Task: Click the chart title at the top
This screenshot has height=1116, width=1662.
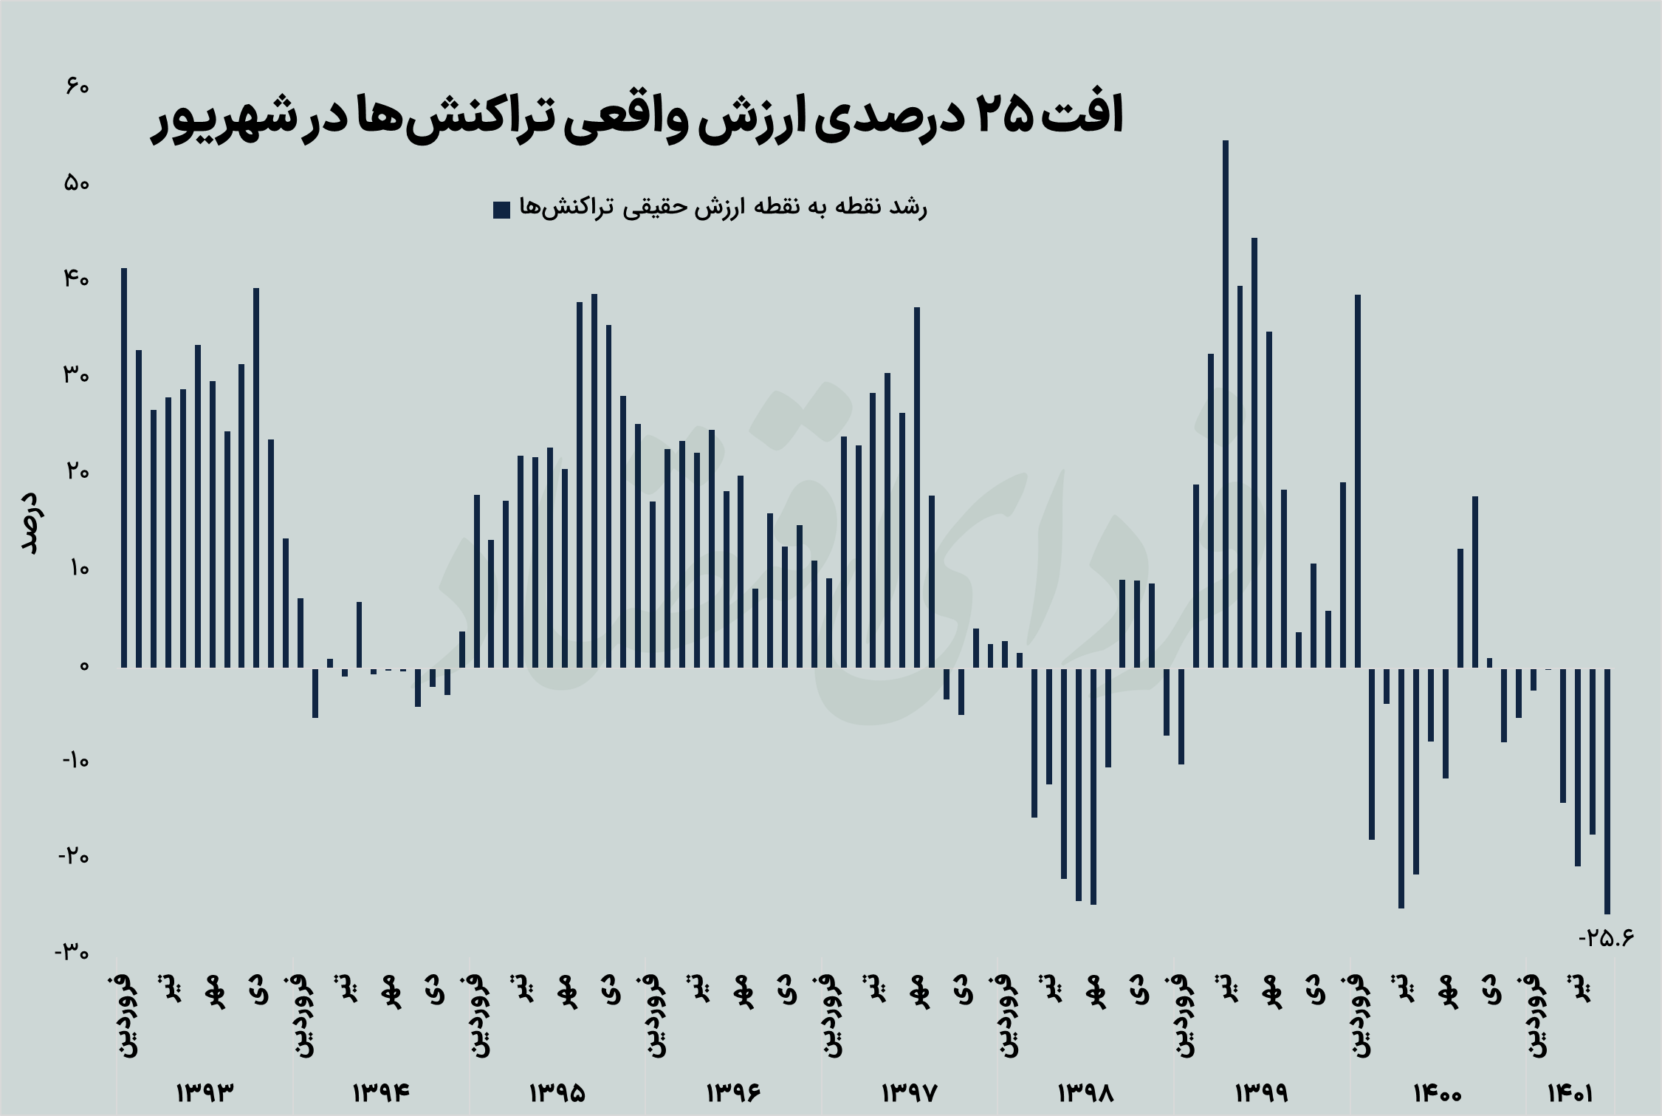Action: [x=636, y=117]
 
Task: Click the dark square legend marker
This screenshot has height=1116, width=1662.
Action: [x=501, y=210]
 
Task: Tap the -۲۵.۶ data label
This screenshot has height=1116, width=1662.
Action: [x=1606, y=938]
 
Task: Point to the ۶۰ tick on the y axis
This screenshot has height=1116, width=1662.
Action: [x=77, y=87]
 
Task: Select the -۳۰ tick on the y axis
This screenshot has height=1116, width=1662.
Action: [x=72, y=952]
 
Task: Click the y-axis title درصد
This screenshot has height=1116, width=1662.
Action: [x=31, y=522]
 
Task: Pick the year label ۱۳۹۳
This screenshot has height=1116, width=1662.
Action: [x=205, y=1092]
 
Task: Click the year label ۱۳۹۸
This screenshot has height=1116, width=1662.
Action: [x=1085, y=1092]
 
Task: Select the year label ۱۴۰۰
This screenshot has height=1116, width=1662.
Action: [x=1437, y=1092]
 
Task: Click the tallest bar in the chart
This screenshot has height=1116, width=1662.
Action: [x=1226, y=403]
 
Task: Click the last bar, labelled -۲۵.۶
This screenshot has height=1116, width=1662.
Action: [x=1607, y=790]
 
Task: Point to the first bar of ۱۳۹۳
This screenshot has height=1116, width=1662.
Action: [x=124, y=468]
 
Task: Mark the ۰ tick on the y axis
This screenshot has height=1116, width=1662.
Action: [x=83, y=666]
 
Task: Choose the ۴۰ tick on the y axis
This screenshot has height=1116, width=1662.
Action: [x=76, y=279]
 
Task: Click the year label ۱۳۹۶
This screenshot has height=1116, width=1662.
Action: [x=733, y=1092]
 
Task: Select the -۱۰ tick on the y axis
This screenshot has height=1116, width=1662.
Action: [x=75, y=761]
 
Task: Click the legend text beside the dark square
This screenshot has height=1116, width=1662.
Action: [x=723, y=208]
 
